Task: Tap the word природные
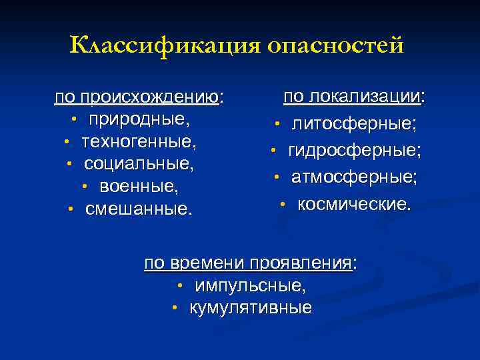click(x=139, y=121)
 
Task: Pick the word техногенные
click(x=139, y=142)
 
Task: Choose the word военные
click(x=139, y=185)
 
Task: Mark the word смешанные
click(x=138, y=209)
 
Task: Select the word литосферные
click(x=354, y=124)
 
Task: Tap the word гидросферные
click(x=354, y=151)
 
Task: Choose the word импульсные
click(x=250, y=286)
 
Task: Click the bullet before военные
click(x=85, y=186)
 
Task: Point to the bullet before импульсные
click(x=180, y=287)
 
